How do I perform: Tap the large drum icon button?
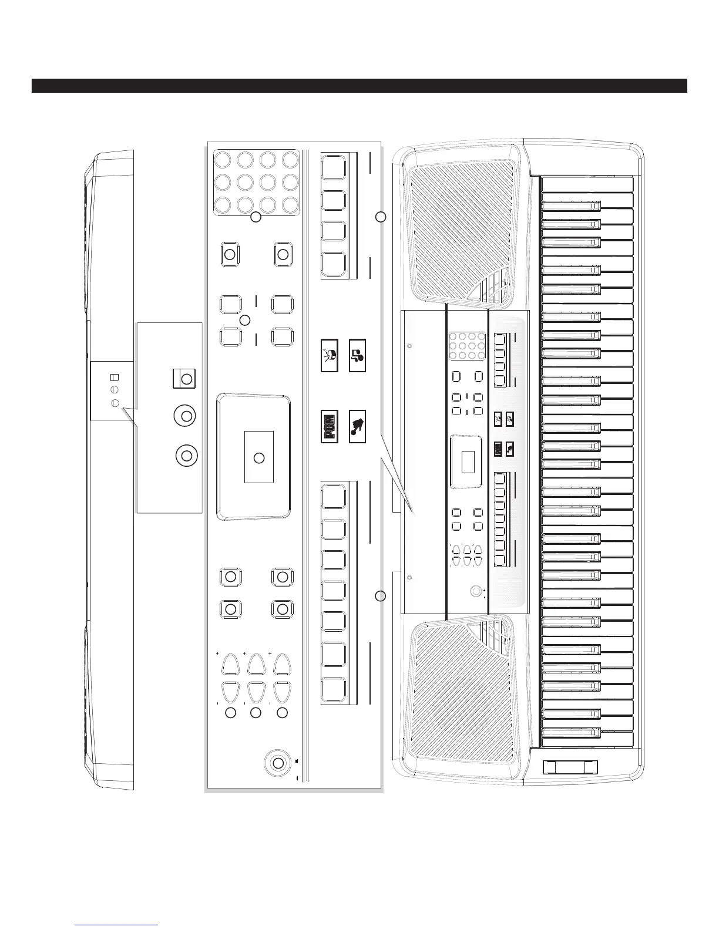pyautogui.click(x=330, y=355)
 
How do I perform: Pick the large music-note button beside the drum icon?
pyautogui.click(x=357, y=355)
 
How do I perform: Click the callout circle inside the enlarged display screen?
pyautogui.click(x=258, y=458)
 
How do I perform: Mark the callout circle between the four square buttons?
pyautogui.click(x=246, y=320)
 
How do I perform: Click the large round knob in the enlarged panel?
pyautogui.click(x=277, y=763)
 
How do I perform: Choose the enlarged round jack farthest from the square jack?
pyautogui.click(x=187, y=456)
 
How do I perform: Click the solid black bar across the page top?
pyautogui.click(x=359, y=86)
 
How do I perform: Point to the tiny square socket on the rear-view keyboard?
pyautogui.click(x=115, y=378)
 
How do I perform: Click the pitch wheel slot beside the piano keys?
pyautogui.click(x=569, y=766)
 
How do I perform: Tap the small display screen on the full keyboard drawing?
pyautogui.click(x=468, y=461)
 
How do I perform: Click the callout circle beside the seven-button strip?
pyautogui.click(x=381, y=597)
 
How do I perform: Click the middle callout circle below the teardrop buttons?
pyautogui.click(x=256, y=713)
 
